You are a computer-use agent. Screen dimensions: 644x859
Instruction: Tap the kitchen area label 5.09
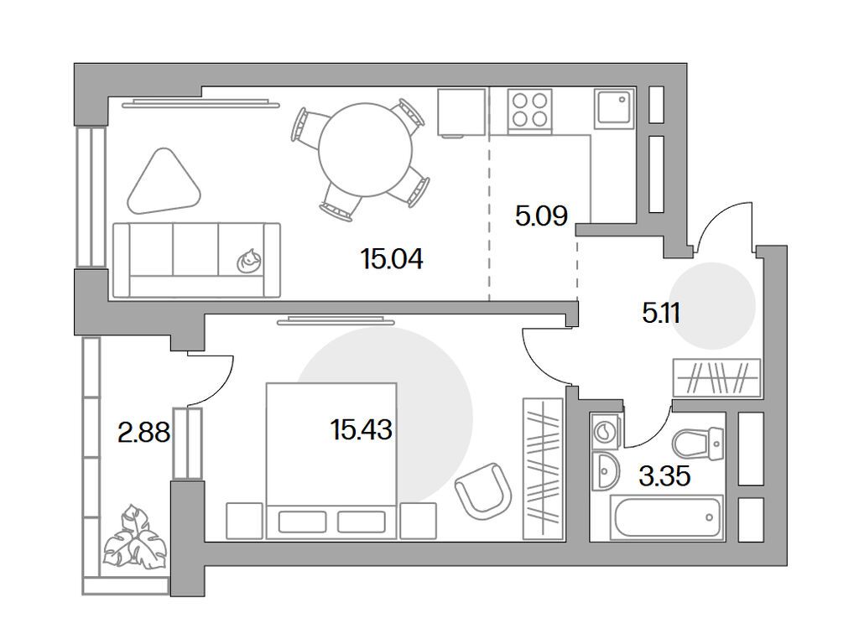(541, 216)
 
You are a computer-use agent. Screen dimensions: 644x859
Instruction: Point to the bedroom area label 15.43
(362, 431)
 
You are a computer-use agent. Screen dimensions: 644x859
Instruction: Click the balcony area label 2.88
(143, 433)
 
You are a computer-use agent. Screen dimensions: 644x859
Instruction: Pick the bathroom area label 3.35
(664, 477)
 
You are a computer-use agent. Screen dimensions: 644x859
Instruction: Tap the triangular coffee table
(165, 182)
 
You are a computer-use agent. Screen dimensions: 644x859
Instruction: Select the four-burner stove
(530, 109)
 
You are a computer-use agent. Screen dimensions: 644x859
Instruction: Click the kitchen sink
(616, 109)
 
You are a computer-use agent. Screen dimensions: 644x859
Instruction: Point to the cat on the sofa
(249, 262)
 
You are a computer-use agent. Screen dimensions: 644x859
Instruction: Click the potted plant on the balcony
(134, 538)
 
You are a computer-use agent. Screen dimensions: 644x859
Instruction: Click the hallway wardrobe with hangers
(717, 377)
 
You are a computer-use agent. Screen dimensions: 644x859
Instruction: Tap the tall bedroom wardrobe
(543, 468)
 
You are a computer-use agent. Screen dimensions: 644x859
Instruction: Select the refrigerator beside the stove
(462, 112)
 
